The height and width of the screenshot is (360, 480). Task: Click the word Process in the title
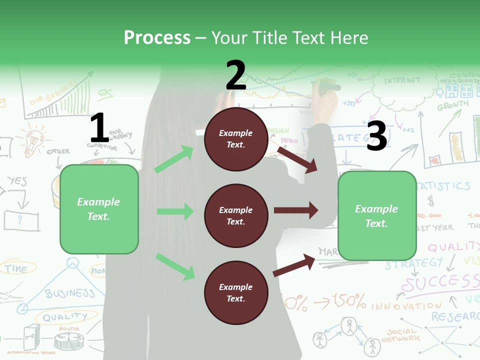pos(157,37)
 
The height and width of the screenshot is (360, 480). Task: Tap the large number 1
pos(99,128)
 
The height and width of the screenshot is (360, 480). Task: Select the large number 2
pos(236,75)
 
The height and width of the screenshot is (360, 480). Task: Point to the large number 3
pos(376,136)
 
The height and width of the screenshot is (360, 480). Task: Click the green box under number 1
pos(99,209)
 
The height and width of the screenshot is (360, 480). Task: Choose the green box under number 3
pos(377,215)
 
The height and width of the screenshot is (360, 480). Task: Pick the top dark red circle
pos(236,139)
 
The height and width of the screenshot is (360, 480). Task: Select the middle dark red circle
pos(236,215)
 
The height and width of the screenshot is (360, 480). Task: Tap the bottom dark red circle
pos(236,292)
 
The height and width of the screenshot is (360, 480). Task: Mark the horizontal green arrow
pos(175,211)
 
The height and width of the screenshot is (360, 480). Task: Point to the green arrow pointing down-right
pos(175,266)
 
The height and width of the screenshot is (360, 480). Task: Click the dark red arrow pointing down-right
pos(297,159)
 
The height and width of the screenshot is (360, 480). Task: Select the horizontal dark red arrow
pos(296,210)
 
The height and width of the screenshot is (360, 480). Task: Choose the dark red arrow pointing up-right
pos(294,265)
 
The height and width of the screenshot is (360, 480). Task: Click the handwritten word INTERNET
pos(402,80)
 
